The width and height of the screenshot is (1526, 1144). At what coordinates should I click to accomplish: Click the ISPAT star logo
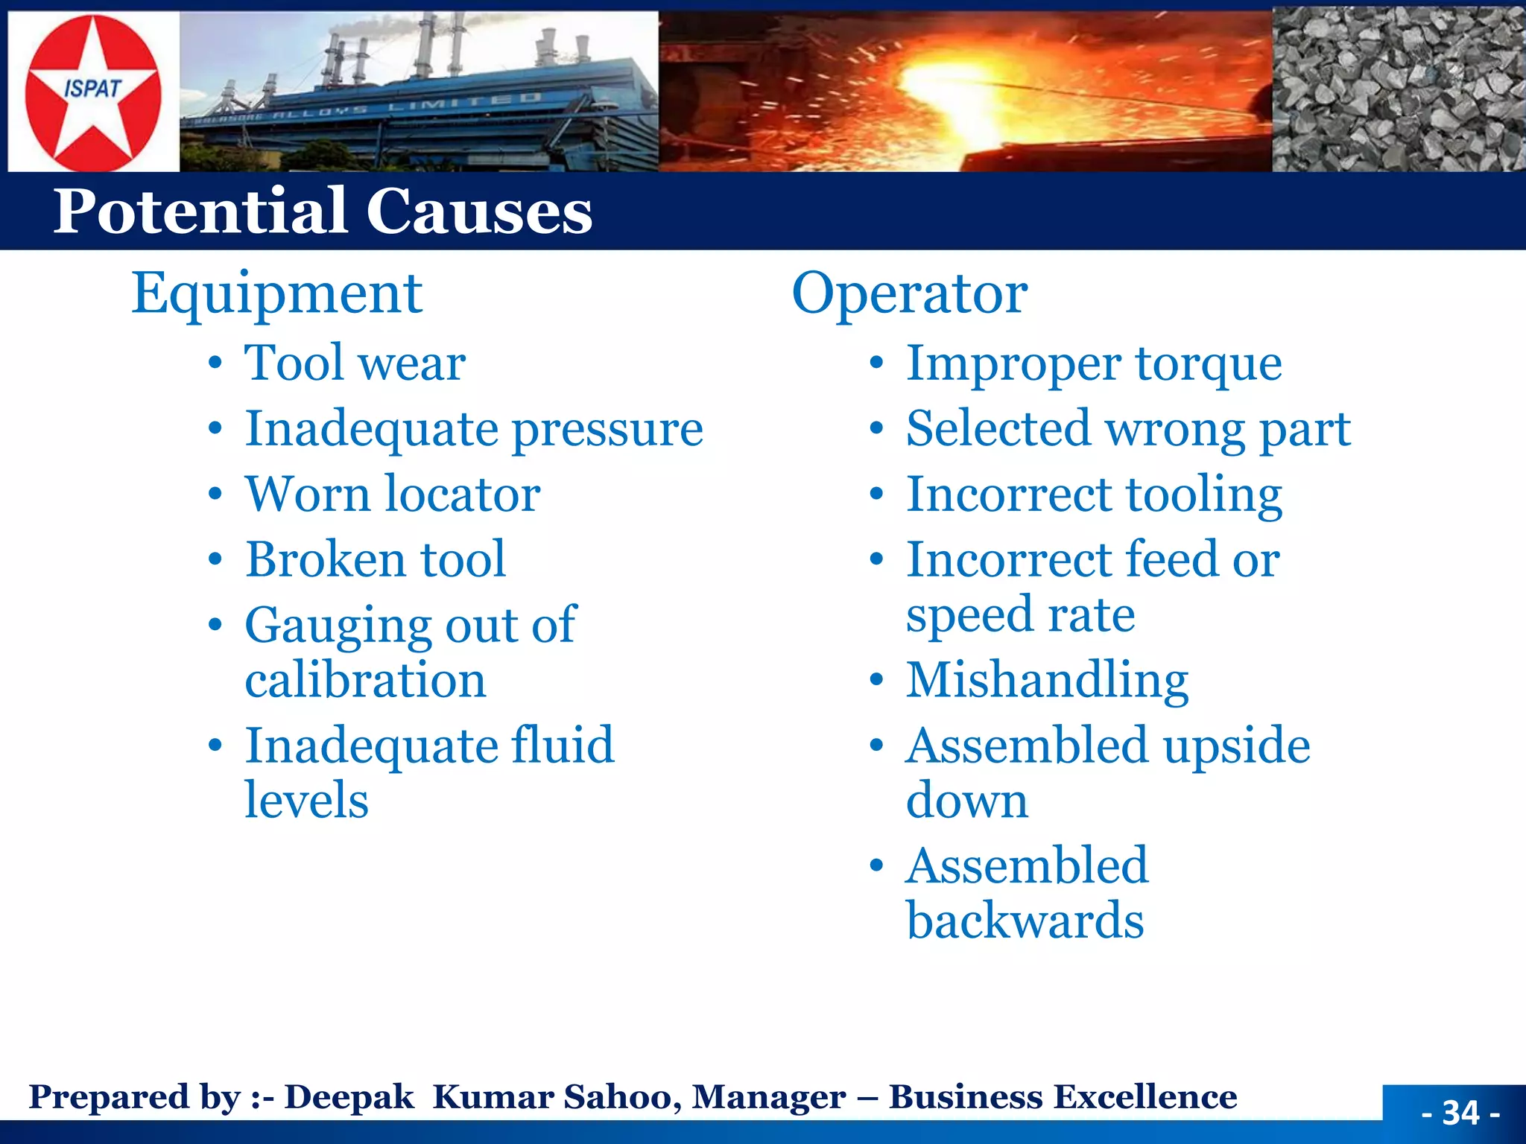[x=92, y=91]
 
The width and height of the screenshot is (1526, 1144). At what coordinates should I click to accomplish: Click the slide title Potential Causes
[x=322, y=212]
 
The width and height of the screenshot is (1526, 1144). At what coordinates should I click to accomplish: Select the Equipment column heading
[x=276, y=293]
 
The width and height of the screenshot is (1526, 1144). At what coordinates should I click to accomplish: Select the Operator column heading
[x=909, y=293]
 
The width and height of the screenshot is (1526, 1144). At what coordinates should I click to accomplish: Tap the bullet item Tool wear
[x=355, y=363]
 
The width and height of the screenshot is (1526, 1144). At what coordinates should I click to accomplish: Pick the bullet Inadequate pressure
[x=474, y=430]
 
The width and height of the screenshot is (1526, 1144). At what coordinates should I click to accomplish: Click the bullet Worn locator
[x=393, y=495]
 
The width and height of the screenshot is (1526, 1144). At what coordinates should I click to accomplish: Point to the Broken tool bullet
[x=376, y=559]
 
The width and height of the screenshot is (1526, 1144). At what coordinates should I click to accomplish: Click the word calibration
[x=365, y=680]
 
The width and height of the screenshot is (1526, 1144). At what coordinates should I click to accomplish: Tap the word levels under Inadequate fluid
[x=306, y=801]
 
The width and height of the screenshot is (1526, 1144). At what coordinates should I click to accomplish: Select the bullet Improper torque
[x=1093, y=365]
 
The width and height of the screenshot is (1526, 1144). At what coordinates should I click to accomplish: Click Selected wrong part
[x=1127, y=430]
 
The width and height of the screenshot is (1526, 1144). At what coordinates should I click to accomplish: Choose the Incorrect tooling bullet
[x=1093, y=495]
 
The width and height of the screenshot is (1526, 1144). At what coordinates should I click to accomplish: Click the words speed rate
[x=1020, y=615]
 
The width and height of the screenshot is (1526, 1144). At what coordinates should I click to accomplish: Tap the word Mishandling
[x=1047, y=681]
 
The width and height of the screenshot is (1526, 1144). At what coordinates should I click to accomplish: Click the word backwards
[x=1025, y=921]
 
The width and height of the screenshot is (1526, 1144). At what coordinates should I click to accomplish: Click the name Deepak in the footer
[x=349, y=1097]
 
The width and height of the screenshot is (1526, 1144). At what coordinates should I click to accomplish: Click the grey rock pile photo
[x=1398, y=89]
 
